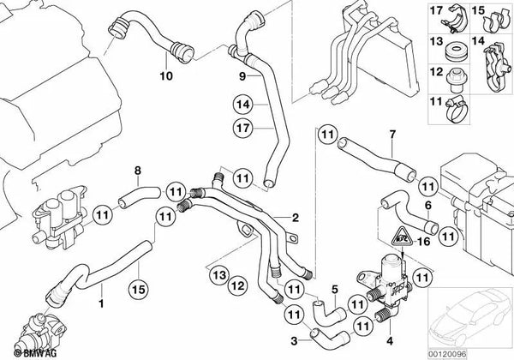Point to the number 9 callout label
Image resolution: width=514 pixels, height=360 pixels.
(x=242, y=76)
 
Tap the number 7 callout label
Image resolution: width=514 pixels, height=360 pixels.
(x=392, y=135)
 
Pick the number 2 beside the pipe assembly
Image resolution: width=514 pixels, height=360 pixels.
(x=296, y=217)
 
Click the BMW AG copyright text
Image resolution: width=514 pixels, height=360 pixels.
(x=19, y=351)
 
